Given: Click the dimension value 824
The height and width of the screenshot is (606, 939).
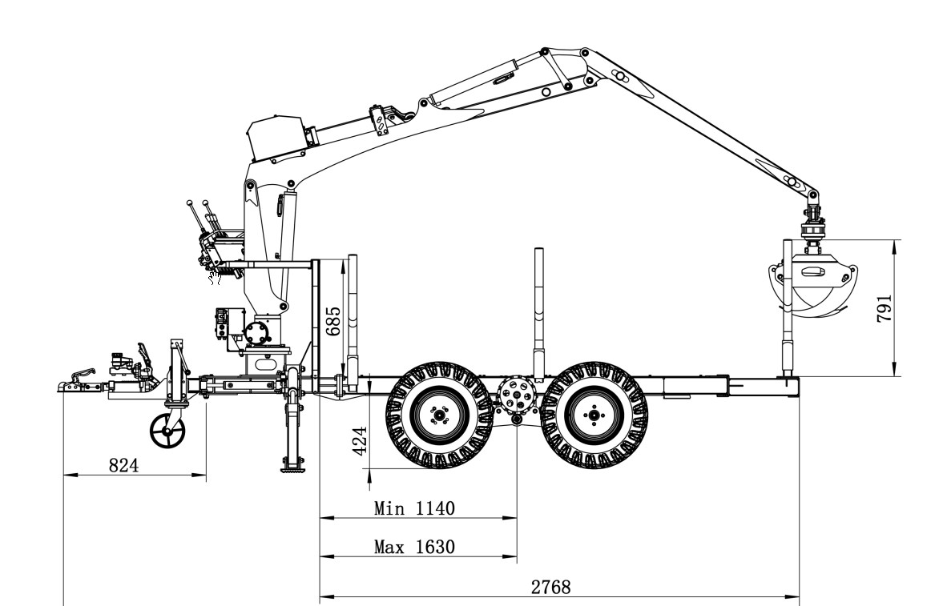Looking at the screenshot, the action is [x=123, y=465].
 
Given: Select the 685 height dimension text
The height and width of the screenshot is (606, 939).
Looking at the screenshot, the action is [x=333, y=321].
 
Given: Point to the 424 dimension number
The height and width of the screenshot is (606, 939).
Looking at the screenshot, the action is [x=360, y=441].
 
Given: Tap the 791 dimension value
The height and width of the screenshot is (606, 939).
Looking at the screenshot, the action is [x=885, y=309].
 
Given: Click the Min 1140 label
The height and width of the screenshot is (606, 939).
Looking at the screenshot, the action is [x=414, y=508].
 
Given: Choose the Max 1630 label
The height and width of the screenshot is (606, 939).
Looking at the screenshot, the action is [x=414, y=547].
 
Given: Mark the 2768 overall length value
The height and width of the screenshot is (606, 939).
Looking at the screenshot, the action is [x=551, y=588].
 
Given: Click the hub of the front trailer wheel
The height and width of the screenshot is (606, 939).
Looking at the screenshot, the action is [x=439, y=415].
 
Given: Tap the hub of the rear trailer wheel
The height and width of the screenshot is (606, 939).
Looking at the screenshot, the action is [x=594, y=415].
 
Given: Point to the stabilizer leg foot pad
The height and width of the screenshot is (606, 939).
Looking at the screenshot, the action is [x=293, y=468].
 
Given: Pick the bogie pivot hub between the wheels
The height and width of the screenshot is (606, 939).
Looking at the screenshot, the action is [x=516, y=394].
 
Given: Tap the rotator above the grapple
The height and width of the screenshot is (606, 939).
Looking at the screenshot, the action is [x=812, y=228].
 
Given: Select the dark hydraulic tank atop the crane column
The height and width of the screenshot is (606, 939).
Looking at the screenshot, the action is [x=276, y=138].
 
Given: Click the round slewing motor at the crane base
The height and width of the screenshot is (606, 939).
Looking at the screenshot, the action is [x=257, y=333].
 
